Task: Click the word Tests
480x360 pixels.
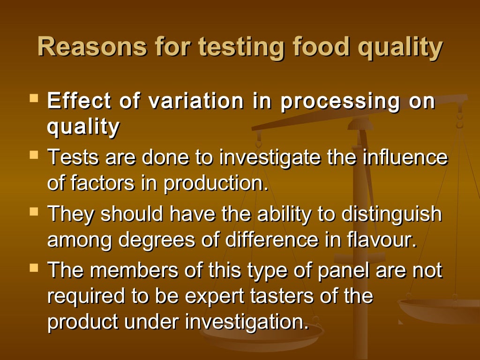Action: tap(73, 157)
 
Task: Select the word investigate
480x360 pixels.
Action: tap(270, 158)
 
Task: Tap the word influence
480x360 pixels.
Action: tap(405, 157)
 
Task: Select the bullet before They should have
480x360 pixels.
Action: tap(33, 211)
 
